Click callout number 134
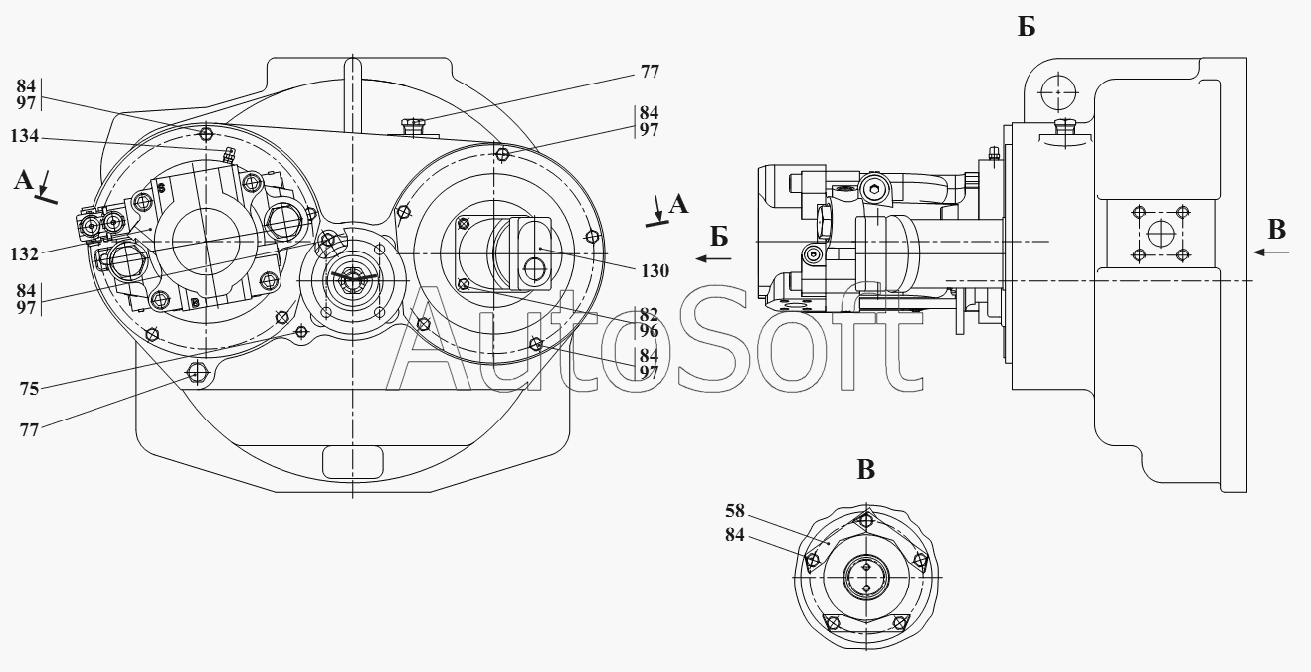click(24, 136)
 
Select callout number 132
click(24, 254)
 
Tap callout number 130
click(655, 271)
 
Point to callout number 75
click(29, 389)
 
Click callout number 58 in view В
click(735, 511)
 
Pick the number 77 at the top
click(650, 72)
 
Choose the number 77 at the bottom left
click(29, 430)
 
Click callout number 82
click(650, 315)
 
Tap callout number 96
click(650, 332)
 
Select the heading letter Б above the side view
click(1027, 27)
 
